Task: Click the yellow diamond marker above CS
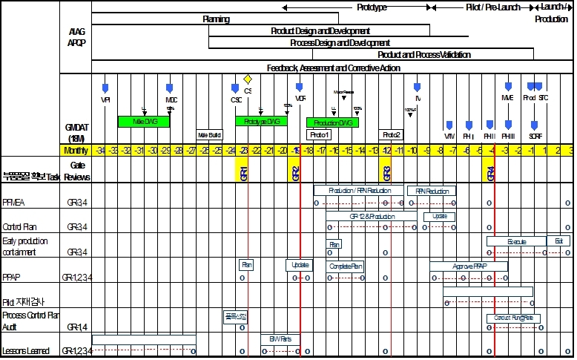coord(248,79)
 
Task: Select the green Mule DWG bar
coord(145,121)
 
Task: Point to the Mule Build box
coord(209,135)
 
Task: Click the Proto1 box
coord(320,135)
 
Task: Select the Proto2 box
coord(392,135)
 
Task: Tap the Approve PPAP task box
coord(469,266)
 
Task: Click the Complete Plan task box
coord(346,266)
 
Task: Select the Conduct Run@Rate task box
coord(513,318)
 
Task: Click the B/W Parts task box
coord(280,339)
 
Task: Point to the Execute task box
coord(516,241)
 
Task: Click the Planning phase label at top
coord(216,19)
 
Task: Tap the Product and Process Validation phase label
coord(423,55)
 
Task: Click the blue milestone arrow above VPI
coord(105,88)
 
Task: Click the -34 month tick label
coord(99,151)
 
